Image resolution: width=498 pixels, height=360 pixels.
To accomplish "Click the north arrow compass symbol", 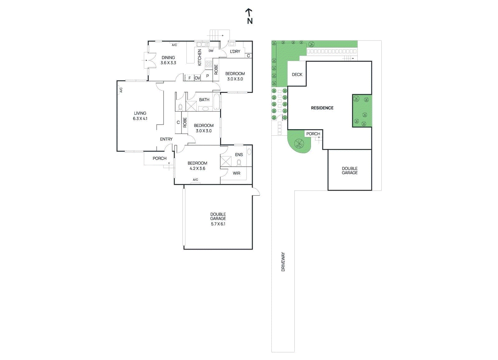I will click(x=249, y=16).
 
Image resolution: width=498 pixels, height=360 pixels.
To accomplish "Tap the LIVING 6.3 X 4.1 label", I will click(x=140, y=116).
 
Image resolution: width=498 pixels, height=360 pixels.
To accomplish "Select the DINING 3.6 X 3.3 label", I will click(x=168, y=60).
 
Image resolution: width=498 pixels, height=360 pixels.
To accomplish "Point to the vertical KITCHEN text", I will click(x=200, y=57).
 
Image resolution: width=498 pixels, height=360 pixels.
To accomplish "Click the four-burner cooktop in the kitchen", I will click(x=209, y=64).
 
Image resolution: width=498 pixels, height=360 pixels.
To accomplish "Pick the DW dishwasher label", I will click(x=211, y=51).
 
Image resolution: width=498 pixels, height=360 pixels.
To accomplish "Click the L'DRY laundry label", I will click(x=235, y=51).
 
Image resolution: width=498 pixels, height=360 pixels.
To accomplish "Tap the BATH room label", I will click(x=204, y=100).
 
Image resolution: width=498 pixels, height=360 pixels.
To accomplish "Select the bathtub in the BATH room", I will click(x=217, y=102).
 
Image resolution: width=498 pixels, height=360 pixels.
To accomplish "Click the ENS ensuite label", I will click(x=239, y=155).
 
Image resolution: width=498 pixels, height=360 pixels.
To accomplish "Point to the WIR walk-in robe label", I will click(x=237, y=173).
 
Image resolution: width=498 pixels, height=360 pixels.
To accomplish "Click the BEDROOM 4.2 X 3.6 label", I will click(x=197, y=166).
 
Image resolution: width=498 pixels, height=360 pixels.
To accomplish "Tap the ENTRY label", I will click(x=166, y=139).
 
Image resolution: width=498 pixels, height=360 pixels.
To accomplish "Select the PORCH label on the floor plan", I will click(x=159, y=158).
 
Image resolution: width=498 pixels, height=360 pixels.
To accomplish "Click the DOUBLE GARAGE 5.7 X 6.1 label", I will click(x=218, y=219).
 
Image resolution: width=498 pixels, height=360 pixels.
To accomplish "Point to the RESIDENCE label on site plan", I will click(x=322, y=108).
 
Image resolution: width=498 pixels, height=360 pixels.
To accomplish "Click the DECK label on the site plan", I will click(x=297, y=74).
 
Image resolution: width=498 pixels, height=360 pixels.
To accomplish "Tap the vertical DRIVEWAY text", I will click(x=283, y=262).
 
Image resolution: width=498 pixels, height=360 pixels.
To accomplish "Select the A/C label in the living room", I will click(x=121, y=90).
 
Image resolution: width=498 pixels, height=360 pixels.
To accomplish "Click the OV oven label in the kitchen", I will click(x=197, y=78).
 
